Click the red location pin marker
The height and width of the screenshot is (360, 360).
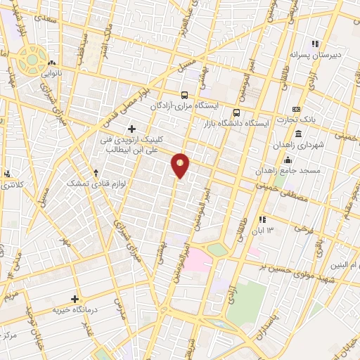[x=181, y=165]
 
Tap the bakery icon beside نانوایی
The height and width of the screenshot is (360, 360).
[x=53, y=63]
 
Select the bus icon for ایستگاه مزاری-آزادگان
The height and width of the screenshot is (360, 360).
[x=184, y=95]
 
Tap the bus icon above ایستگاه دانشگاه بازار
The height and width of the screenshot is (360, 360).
[x=237, y=112]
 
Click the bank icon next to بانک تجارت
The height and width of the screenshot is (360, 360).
[x=297, y=110]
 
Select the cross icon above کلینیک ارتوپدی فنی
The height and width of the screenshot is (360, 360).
[x=131, y=128]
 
